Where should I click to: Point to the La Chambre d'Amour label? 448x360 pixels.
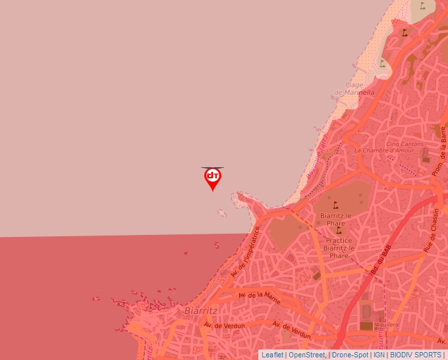382,150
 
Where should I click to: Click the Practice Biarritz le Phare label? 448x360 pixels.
340,248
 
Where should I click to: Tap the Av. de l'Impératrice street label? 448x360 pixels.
244,253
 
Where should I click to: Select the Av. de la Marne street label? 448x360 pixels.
259,297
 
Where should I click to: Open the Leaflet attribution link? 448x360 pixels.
272,355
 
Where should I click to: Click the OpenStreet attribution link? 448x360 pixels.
306,355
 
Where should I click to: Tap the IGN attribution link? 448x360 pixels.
379,355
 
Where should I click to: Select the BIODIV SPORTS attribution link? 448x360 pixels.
416,355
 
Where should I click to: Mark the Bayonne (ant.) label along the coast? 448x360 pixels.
322,149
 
